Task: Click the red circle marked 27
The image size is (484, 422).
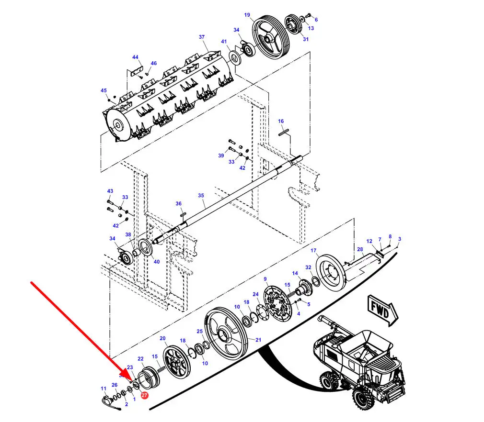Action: pyautogui.click(x=144, y=395)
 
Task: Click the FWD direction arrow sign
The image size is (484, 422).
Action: pyautogui.click(x=382, y=309)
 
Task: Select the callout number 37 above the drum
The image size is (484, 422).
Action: pyautogui.click(x=202, y=37)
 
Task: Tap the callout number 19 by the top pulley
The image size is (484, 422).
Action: pyautogui.click(x=247, y=15)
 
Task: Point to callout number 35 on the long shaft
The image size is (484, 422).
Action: pyautogui.click(x=201, y=196)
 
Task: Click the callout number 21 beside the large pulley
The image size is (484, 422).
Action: pyautogui.click(x=258, y=340)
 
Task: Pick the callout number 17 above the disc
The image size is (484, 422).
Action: pyautogui.click(x=313, y=251)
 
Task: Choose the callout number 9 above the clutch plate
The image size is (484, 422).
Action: pyautogui.click(x=265, y=279)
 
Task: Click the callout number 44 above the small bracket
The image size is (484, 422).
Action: pyautogui.click(x=136, y=57)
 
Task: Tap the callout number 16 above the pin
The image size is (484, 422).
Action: pyautogui.click(x=281, y=122)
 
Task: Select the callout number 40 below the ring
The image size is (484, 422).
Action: pyautogui.click(x=157, y=261)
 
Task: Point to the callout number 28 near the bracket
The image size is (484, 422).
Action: pyautogui.click(x=360, y=250)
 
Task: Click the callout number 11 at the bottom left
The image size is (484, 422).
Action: pyautogui.click(x=104, y=388)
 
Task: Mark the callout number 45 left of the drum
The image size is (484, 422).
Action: pyautogui.click(x=104, y=90)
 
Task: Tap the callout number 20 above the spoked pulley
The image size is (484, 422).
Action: pyautogui.click(x=162, y=339)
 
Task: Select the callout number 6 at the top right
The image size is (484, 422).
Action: pyautogui.click(x=316, y=20)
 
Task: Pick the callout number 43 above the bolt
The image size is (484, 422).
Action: pyautogui.click(x=110, y=191)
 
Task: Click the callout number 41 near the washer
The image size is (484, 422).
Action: pyautogui.click(x=224, y=42)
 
